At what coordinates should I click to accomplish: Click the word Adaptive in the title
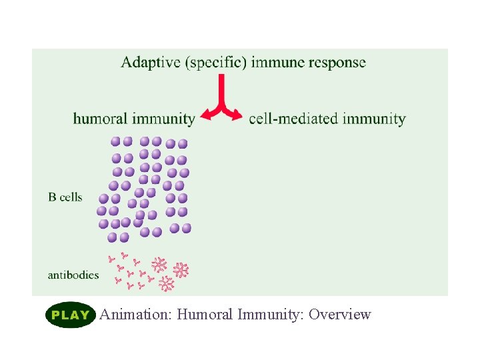point(151,63)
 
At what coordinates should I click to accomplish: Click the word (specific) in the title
point(215,64)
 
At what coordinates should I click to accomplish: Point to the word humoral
point(100,119)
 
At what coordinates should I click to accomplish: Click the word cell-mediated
point(293,119)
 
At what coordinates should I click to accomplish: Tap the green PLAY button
point(70,315)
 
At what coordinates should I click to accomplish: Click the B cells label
point(65,197)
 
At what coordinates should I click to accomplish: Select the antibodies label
point(73,275)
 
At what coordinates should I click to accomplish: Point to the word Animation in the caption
point(137,315)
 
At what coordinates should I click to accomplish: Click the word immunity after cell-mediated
point(374,119)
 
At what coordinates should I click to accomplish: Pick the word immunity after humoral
point(163,119)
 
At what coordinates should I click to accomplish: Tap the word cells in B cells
point(71,197)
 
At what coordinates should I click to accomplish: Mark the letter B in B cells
point(52,197)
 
